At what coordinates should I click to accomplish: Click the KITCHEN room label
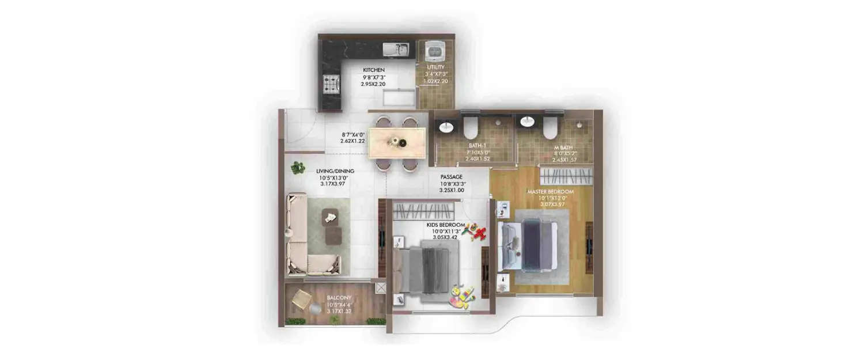373,70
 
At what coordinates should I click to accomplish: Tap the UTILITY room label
435,67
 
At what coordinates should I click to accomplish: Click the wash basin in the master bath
526,122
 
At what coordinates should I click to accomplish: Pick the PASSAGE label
452,177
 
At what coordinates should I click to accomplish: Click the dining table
397,143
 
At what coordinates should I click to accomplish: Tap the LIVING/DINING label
335,171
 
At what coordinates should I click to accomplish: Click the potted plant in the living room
297,168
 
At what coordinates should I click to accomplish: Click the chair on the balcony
300,300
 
